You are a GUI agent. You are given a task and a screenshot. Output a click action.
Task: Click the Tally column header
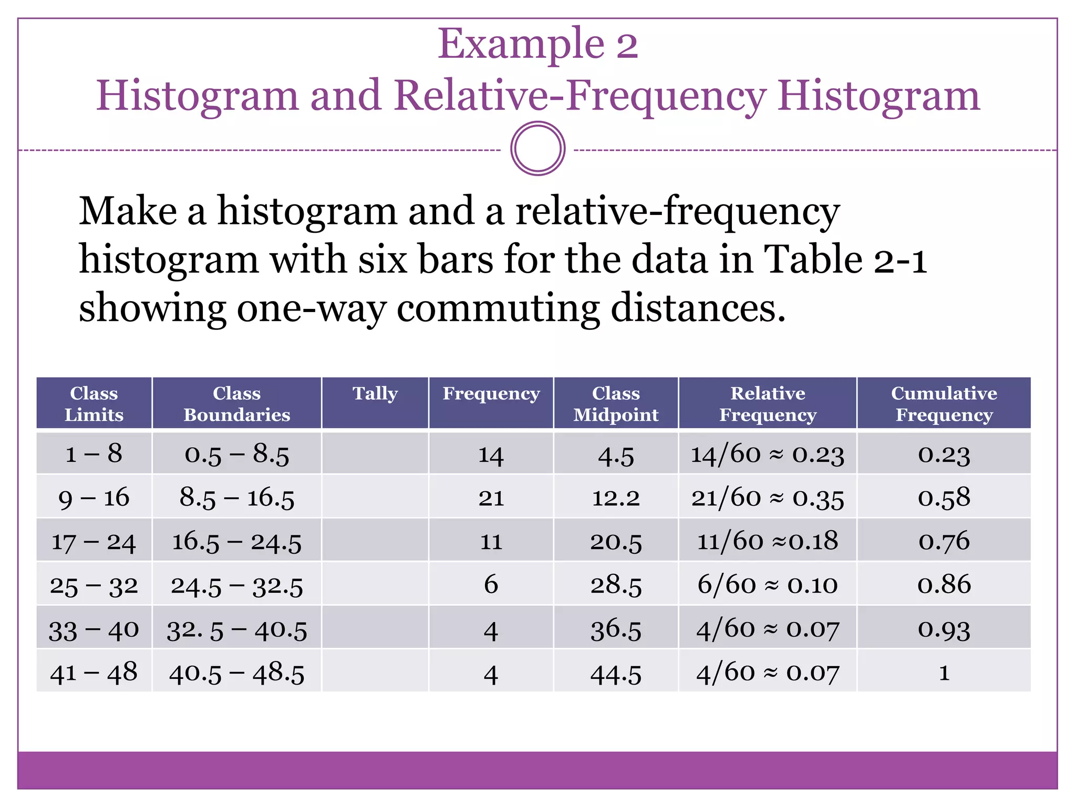[x=375, y=394]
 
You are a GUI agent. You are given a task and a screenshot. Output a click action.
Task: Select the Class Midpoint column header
[x=616, y=403]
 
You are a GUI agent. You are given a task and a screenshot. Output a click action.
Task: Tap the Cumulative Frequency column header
[x=944, y=403]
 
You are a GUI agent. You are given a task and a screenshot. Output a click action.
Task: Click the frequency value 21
[x=491, y=498]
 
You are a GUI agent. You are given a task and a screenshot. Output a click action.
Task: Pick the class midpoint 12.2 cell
[x=616, y=498]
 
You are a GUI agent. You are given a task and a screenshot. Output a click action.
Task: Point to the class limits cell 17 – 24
[x=94, y=541]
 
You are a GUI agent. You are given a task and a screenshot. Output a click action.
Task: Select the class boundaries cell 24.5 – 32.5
[x=237, y=585]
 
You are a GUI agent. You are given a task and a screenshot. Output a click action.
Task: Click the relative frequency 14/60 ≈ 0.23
[x=767, y=454]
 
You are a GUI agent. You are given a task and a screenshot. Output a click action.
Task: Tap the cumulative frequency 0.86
[x=944, y=584]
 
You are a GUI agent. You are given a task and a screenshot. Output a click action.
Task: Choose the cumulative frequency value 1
[x=944, y=672]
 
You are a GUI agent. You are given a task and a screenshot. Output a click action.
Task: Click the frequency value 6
[x=491, y=584]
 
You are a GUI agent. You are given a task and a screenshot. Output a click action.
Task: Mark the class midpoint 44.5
[x=616, y=674]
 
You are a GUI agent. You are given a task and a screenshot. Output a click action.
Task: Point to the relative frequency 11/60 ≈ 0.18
[x=767, y=541]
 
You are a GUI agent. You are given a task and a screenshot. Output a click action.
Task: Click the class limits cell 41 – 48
[x=94, y=672]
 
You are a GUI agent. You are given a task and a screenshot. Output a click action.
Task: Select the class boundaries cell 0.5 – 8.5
[x=237, y=454]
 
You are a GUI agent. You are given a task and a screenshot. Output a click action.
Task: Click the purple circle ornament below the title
[x=537, y=149]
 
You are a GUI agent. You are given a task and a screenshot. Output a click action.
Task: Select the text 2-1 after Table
[x=900, y=260]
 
